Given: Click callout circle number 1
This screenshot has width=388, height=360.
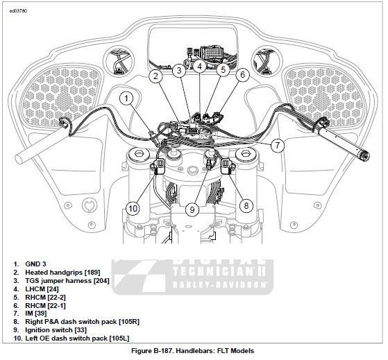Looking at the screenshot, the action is [x=126, y=98].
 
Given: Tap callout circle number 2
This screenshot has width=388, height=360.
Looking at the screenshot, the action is [x=155, y=76].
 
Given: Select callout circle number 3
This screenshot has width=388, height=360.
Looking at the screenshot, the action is [x=179, y=71].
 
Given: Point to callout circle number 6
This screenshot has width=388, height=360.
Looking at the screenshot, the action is [x=242, y=74].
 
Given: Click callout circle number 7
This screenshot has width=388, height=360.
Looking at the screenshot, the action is [x=278, y=145].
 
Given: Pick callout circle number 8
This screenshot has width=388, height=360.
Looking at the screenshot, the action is [x=246, y=205].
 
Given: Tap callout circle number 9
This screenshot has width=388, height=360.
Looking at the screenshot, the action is [x=192, y=210].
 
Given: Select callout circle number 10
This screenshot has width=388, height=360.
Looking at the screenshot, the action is [x=133, y=208].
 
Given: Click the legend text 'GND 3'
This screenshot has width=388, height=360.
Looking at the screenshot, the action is [x=35, y=264].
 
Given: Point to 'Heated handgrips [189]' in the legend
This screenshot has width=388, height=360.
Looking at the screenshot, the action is [x=62, y=273].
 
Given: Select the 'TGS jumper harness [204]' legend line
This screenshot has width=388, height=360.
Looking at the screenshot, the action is [x=67, y=281].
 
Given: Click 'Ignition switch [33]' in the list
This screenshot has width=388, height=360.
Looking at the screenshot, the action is [x=56, y=330].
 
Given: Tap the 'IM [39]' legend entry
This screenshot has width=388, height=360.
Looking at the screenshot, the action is [x=36, y=314].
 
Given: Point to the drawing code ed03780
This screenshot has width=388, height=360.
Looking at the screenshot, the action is [x=18, y=11].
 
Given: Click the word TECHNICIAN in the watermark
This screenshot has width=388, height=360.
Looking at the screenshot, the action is [x=213, y=271].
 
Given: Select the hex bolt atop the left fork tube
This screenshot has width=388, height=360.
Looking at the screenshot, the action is [x=138, y=154].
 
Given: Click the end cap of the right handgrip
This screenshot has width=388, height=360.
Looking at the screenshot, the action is [x=364, y=156].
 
